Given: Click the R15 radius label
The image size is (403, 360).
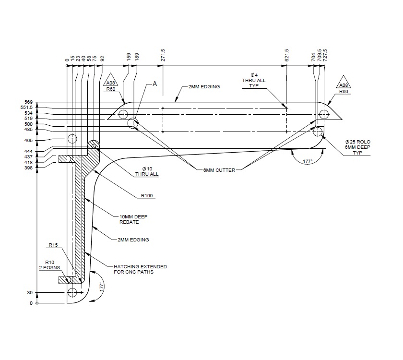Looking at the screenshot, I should click(x=53, y=245).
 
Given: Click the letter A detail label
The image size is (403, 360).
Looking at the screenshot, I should click(x=154, y=84).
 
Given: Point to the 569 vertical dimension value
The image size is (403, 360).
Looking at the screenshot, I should click(x=29, y=102).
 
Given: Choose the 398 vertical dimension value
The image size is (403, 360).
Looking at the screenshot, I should click(x=29, y=168).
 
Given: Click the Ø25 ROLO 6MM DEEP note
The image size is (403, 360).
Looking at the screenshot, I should click(x=358, y=147).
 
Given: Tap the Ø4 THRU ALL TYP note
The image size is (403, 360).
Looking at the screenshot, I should click(x=254, y=81).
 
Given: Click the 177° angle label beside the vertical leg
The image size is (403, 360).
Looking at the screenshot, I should click(x=101, y=286).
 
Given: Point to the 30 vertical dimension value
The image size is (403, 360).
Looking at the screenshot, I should click(x=29, y=292).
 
